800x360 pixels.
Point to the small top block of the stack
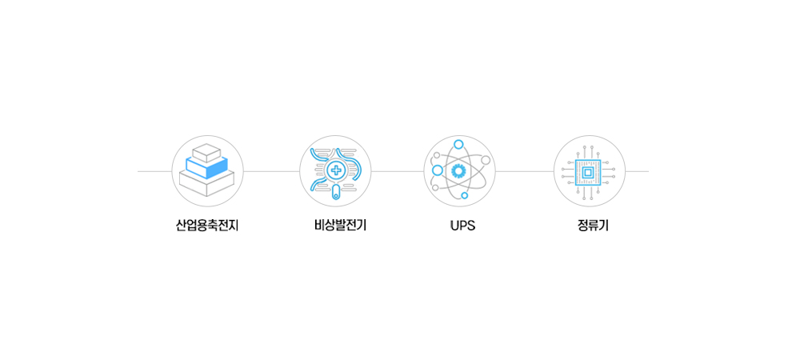pyautogui.click(x=206, y=153)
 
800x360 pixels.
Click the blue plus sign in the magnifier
pyautogui.click(x=336, y=170)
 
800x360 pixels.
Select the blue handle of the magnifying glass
pyautogui.click(x=336, y=193)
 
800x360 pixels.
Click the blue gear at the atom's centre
pyautogui.click(x=458, y=170)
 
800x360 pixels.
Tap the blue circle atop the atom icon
pyautogui.click(x=458, y=144)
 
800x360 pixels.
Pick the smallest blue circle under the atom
pyautogui.click(x=464, y=195)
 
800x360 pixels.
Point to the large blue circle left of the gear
pyautogui.click(x=438, y=170)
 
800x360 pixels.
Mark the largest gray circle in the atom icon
pyautogui.click(x=486, y=160)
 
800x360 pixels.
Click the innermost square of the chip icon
pyautogui.click(x=587, y=173)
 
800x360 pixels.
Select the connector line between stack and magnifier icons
pyautogui.click(x=271, y=171)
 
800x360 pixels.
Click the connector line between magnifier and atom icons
pyautogui.click(x=398, y=171)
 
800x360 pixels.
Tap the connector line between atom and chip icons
pyautogui.click(x=525, y=171)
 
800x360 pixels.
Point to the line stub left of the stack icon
pyautogui.click(x=154, y=171)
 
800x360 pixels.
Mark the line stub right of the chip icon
pyautogui.click(x=638, y=171)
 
